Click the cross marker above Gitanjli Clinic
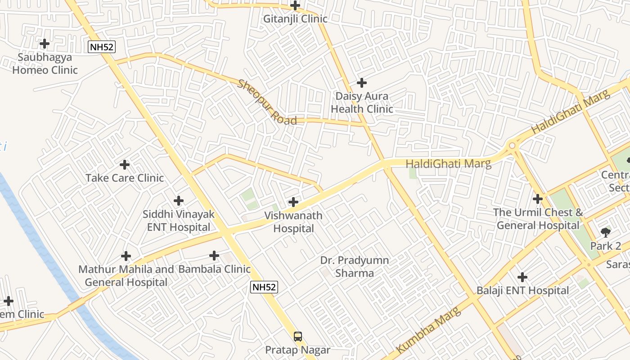pyautogui.click(x=295, y=5)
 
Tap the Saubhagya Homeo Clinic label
pyautogui.click(x=45, y=64)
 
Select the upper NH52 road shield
pyautogui.click(x=101, y=47)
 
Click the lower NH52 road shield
pyautogui.click(x=264, y=287)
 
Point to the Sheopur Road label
pyautogui.click(x=267, y=103)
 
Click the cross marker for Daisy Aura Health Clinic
pyautogui.click(x=361, y=83)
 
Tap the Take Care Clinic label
pyautogui.click(x=125, y=178)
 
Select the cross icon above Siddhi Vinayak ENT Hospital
pyautogui.click(x=179, y=201)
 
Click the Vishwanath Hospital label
pyautogui.click(x=293, y=222)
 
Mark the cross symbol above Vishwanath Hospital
pyautogui.click(x=293, y=202)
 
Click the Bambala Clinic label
pyautogui.click(x=214, y=269)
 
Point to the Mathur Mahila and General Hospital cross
pyautogui.click(x=126, y=256)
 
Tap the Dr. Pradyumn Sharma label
pyautogui.click(x=355, y=266)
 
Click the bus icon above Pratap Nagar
pyautogui.click(x=298, y=337)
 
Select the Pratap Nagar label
pyautogui.click(x=298, y=350)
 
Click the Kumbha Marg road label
pyautogui.click(x=429, y=330)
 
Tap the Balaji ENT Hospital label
pyautogui.click(x=523, y=291)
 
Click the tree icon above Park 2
pyautogui.click(x=606, y=233)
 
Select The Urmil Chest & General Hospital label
pyautogui.click(x=538, y=219)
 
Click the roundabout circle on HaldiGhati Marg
pyautogui.click(x=512, y=145)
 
